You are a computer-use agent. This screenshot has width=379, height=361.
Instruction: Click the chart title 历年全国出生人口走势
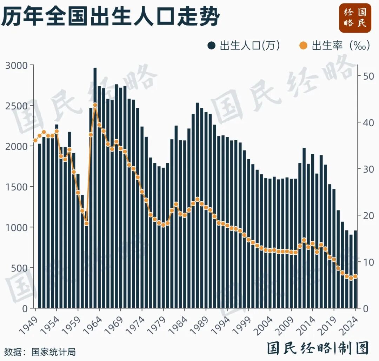pos(111,16)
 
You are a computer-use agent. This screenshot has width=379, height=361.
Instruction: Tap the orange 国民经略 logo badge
pos(355,18)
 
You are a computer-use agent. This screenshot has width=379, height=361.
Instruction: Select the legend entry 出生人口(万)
pos(244,46)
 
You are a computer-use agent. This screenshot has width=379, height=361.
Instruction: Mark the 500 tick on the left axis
pos(21,268)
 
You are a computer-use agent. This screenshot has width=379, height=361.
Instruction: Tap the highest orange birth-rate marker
pos(95,105)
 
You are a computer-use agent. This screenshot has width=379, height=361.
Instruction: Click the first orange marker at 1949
pos(35,140)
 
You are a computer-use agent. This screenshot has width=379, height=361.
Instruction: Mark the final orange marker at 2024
pos(355,276)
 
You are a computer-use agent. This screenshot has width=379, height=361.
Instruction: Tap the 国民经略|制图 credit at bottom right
pos(318,348)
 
